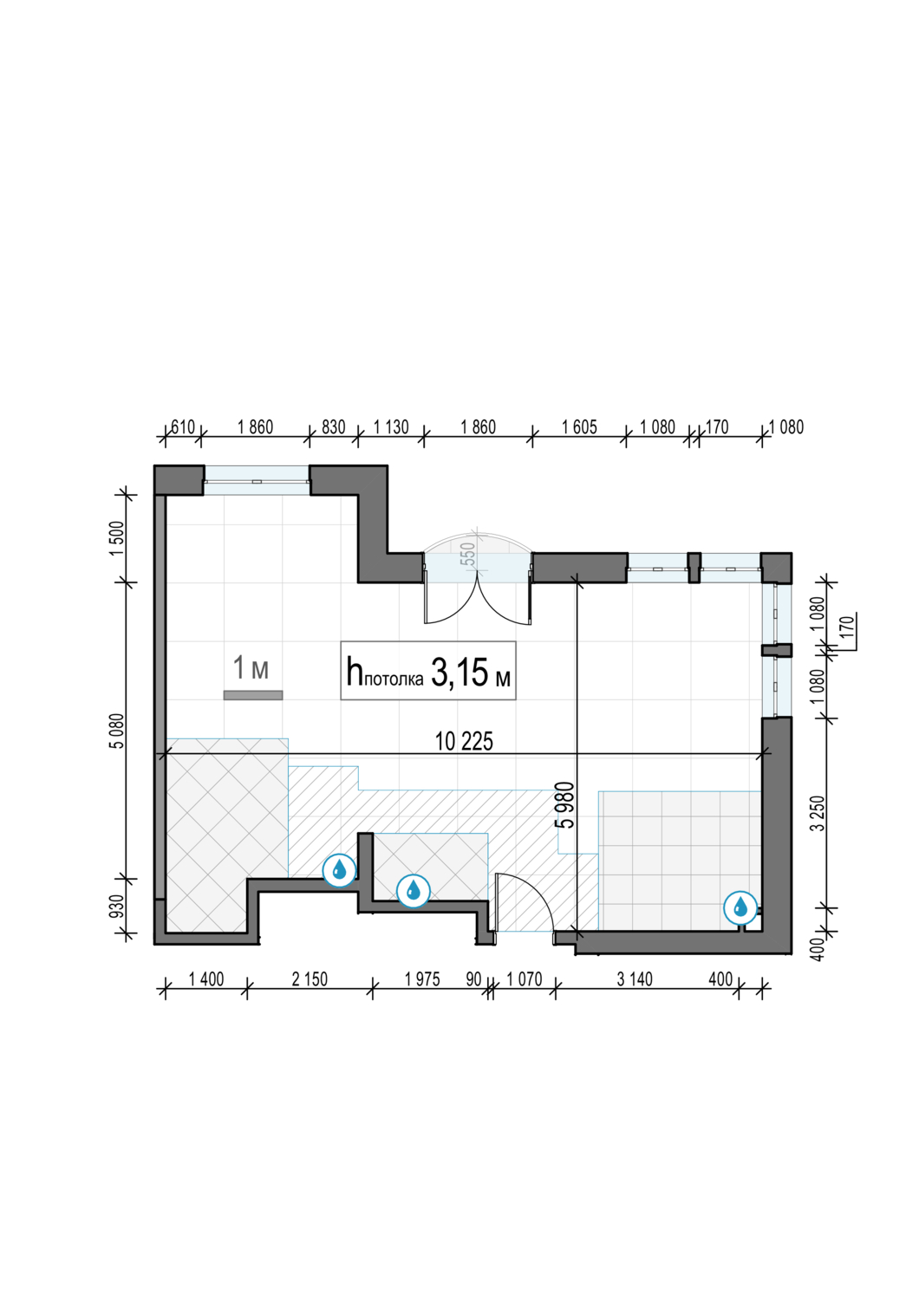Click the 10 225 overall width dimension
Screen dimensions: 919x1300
point(464,741)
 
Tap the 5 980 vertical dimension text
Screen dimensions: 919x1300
point(565,804)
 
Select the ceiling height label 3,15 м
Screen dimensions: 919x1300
point(470,673)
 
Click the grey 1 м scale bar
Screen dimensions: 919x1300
point(253,695)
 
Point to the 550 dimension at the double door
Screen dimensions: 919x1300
point(468,554)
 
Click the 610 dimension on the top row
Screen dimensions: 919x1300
point(182,427)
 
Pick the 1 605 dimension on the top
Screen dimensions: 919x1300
point(579,427)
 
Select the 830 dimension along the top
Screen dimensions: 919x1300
point(333,427)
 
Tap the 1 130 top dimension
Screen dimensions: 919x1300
point(391,427)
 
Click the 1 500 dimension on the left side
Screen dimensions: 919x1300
point(117,538)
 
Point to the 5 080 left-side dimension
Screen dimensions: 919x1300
point(117,731)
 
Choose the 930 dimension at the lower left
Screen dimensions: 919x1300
point(117,907)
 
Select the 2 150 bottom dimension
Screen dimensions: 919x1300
point(310,979)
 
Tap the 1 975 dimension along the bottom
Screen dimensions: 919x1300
point(422,979)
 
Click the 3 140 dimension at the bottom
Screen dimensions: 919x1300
point(635,979)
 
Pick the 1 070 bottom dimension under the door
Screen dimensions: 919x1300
point(525,979)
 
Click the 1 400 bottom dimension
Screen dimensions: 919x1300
point(206,979)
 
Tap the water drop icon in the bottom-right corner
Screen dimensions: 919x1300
point(740,907)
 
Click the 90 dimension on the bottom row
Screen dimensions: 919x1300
point(473,979)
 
